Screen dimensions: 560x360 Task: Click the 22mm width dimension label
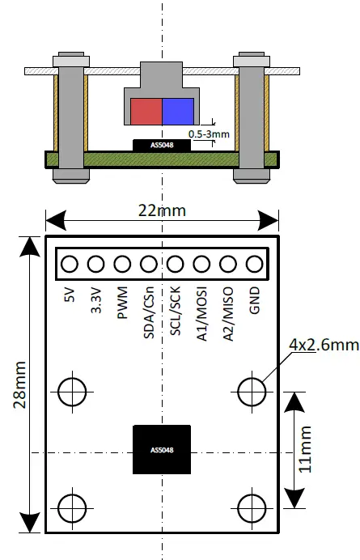click(x=162, y=210)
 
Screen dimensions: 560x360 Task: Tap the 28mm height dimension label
click(x=22, y=385)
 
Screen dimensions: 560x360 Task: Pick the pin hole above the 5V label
click(x=70, y=264)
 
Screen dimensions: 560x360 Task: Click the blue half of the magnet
click(x=178, y=111)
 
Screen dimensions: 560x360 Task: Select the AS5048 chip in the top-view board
click(x=162, y=450)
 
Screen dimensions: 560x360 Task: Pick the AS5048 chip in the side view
click(x=162, y=146)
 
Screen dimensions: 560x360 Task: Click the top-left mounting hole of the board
click(x=72, y=392)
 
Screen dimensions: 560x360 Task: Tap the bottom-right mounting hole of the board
click(x=252, y=507)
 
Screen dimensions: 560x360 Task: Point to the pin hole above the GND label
click(x=256, y=264)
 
